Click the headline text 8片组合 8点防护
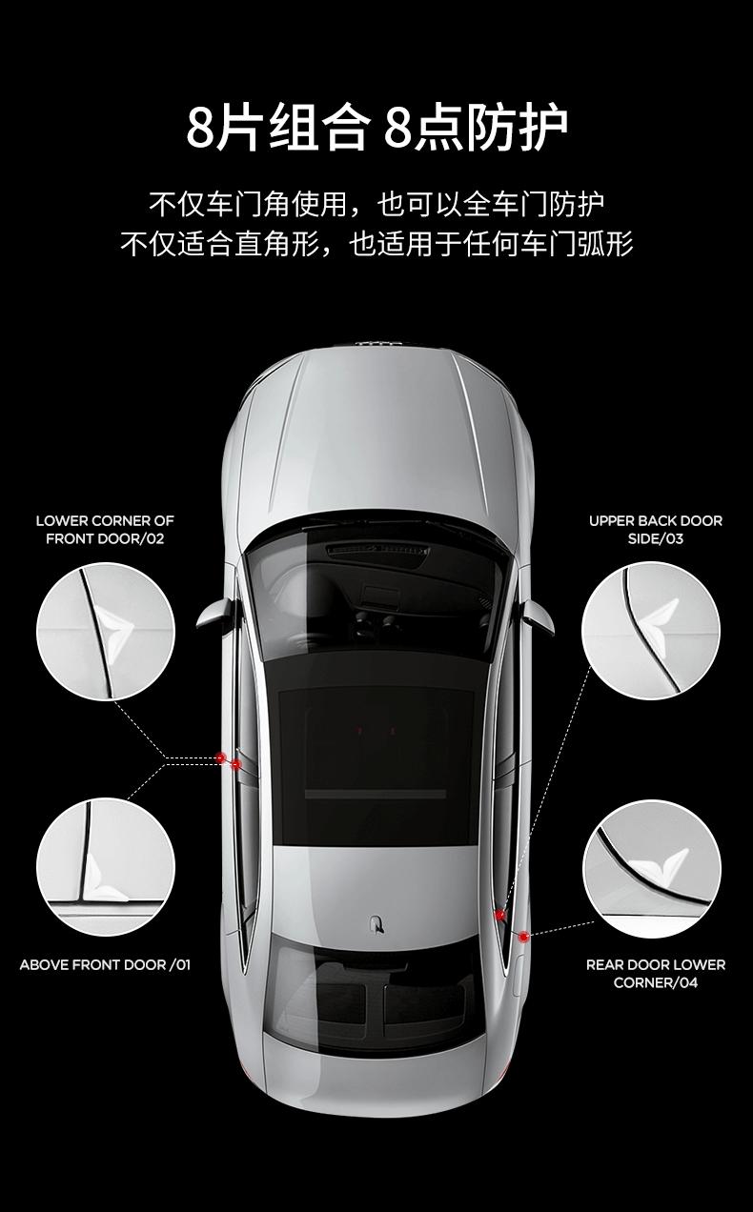click(x=376, y=128)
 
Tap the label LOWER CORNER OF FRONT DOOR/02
click(x=105, y=530)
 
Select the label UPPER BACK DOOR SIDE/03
click(x=655, y=530)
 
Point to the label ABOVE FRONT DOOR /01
click(x=105, y=965)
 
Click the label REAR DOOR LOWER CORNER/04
click(x=655, y=974)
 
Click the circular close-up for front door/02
click(x=106, y=631)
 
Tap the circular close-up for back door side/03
click(x=651, y=631)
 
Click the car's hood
click(x=376, y=438)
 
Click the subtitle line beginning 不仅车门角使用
click(x=376, y=204)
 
